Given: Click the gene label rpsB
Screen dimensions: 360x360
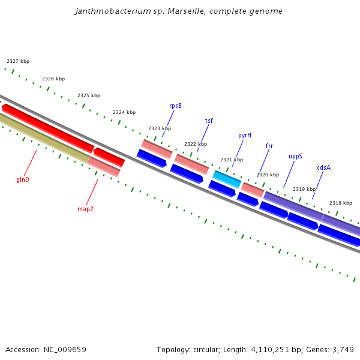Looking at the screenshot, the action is [175, 106].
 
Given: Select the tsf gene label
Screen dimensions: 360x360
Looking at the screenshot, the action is [209, 121].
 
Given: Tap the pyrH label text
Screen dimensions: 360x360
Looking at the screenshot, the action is [245, 136].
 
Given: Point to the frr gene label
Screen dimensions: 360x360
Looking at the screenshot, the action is [269, 146].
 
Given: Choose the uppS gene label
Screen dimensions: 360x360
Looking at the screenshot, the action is [295, 156].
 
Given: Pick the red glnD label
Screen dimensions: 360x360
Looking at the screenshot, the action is [23, 180].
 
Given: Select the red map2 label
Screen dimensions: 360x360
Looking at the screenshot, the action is [85, 209].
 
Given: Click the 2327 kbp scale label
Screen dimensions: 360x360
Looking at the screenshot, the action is [18, 61].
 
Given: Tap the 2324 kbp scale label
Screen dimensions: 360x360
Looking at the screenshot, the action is [124, 112].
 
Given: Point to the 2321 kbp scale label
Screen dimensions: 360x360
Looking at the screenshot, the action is [231, 160].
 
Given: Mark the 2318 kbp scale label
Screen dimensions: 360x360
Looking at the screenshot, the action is [341, 203].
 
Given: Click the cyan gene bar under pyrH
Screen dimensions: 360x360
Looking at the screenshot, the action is [227, 178].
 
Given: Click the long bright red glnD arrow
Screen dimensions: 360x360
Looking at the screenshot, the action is [48, 128].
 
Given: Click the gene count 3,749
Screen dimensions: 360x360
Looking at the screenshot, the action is [342, 349].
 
